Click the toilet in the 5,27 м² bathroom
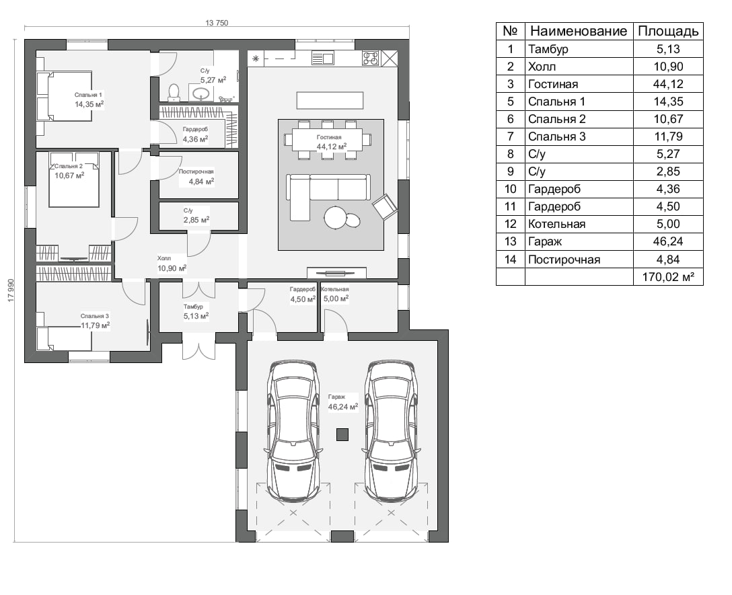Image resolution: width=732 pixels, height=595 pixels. pos(174,92)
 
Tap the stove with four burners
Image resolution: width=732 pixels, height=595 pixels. pos(371,58)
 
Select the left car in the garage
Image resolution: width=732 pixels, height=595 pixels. pos(293,431)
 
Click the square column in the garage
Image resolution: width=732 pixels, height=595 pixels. pos(342,435)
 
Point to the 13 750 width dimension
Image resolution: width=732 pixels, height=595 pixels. pos(217,23)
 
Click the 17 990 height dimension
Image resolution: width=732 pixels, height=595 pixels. pos(11,290)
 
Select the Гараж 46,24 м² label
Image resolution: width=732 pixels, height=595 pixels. pos(342,402)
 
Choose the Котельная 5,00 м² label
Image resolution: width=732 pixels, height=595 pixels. pos(335,294)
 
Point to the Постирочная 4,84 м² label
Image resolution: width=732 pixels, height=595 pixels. pos(196,177)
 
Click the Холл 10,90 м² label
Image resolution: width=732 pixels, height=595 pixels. pos(172,264)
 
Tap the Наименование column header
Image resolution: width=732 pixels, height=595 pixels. pos(579,32)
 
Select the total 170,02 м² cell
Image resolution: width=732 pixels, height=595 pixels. pos(668,277)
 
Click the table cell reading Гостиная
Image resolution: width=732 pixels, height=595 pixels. pos(553,84)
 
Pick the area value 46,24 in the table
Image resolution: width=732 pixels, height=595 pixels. pos(668,241)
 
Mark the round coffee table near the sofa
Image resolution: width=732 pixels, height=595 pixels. pos(335,217)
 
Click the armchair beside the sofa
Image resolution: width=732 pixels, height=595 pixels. pos(385,206)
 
